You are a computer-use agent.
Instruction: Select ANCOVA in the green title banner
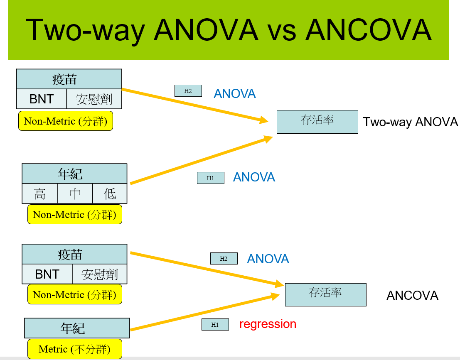click(369, 30)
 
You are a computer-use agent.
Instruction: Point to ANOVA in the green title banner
click(206, 30)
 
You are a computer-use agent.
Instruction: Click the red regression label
click(268, 324)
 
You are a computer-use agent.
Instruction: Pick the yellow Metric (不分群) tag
click(75, 349)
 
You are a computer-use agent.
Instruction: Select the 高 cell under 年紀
click(39, 194)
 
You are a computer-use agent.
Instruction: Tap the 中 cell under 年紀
click(75, 194)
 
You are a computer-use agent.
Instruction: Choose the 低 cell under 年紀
click(110, 194)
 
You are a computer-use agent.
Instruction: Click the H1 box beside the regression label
click(215, 325)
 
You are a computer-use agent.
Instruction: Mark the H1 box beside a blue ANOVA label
click(210, 178)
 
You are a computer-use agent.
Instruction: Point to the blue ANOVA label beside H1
click(254, 177)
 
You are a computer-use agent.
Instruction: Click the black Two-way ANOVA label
click(410, 122)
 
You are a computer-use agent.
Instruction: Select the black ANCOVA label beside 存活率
click(412, 296)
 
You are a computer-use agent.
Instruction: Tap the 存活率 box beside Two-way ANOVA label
click(317, 121)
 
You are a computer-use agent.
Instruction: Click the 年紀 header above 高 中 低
click(74, 174)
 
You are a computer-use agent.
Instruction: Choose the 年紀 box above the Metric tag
click(77, 328)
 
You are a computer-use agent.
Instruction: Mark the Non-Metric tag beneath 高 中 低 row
click(74, 214)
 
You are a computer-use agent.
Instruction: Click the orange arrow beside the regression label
click(204, 313)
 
